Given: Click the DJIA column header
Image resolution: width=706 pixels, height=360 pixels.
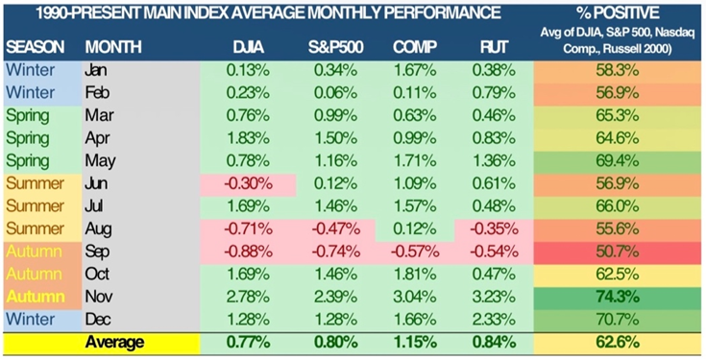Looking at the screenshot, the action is pos(248,47).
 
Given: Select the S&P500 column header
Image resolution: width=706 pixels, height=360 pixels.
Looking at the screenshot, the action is pos(335,47).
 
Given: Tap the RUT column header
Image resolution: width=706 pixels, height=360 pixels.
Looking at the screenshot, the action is pos(494,47).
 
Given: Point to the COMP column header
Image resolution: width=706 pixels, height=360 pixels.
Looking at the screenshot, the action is pos(414,47).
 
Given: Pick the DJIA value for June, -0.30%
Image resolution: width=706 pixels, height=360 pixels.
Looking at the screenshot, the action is pos(248,184).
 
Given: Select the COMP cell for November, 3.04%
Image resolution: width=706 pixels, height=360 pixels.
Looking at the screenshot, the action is pos(414,297).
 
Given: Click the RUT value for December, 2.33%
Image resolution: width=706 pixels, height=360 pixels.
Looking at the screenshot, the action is pos(494,320).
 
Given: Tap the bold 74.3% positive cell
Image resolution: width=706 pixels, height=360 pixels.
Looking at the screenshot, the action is pos(618,297).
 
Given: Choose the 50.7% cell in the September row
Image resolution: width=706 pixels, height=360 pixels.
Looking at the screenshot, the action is pos(618,252).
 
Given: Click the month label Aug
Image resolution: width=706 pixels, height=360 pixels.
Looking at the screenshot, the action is pos(98,229).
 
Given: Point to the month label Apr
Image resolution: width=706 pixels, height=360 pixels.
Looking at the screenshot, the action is pos(97,138).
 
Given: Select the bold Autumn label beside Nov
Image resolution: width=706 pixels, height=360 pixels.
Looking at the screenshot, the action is pos(36,297).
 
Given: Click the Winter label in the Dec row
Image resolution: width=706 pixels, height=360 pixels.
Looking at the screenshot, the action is pos(30,320).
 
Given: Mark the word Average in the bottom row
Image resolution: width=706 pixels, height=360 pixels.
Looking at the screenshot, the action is pos(115,343).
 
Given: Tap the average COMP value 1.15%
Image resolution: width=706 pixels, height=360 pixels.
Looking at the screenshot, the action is pos(414,343).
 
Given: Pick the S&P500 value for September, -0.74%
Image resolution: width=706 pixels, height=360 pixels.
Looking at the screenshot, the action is pos(335,252).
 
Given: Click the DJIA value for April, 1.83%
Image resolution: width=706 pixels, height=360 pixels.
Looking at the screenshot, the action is pos(248,138).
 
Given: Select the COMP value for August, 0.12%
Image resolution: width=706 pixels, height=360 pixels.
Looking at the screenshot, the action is pos(414,229).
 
